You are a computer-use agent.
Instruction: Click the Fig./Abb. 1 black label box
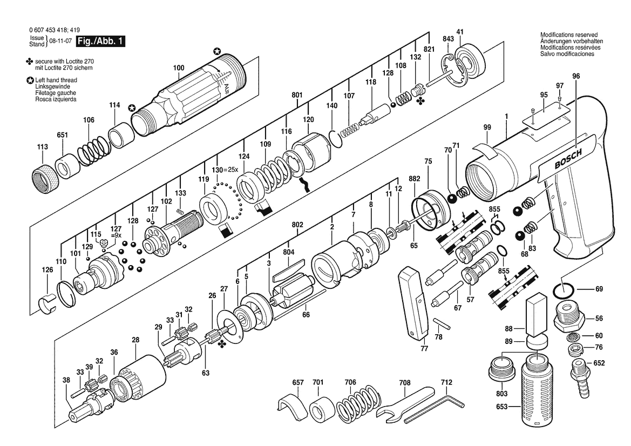pos(101,41)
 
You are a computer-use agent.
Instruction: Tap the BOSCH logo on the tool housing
pos(568,159)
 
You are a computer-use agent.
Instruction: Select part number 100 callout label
pos(179,67)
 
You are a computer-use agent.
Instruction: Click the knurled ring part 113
pos(44,177)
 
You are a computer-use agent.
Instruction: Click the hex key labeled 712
pos(434,408)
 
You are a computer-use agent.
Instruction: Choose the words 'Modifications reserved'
pos(568,35)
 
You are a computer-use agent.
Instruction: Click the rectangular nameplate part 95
pos(546,114)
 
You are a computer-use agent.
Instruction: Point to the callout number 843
pos(448,39)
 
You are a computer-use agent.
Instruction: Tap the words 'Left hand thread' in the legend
pos(56,80)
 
